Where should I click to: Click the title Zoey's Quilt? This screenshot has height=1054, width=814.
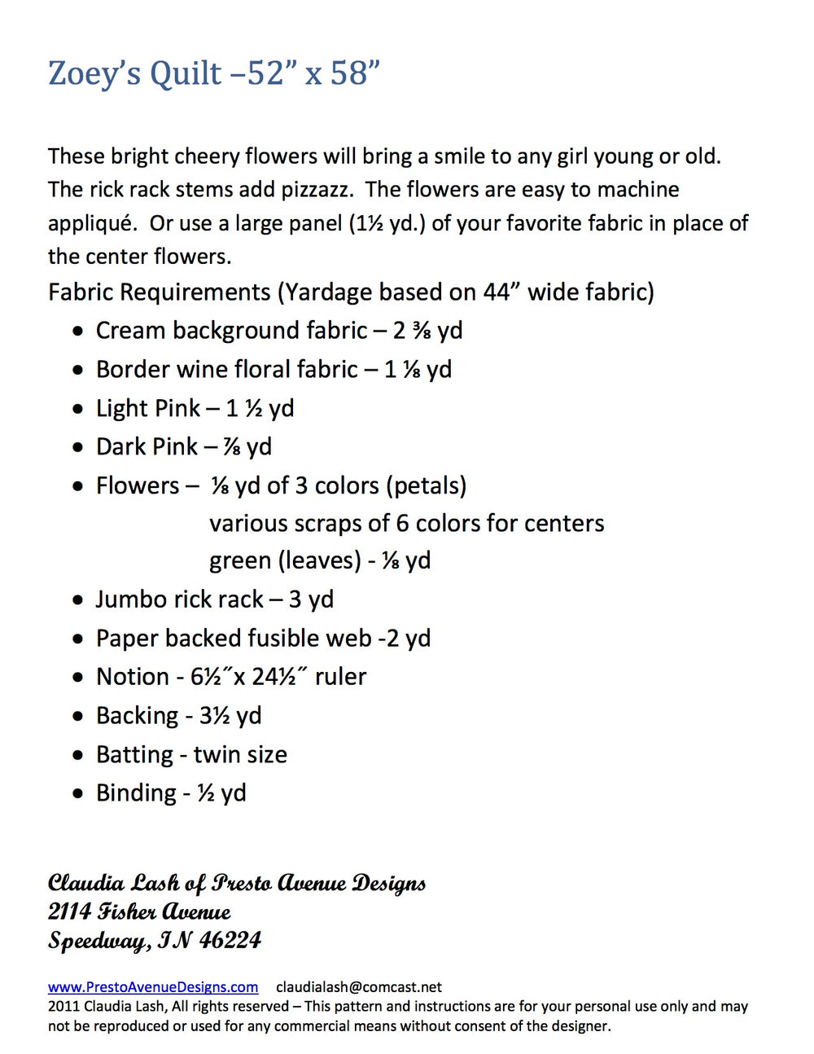(134, 74)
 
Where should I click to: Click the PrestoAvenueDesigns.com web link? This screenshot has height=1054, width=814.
(153, 987)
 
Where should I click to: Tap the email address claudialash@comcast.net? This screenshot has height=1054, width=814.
(359, 987)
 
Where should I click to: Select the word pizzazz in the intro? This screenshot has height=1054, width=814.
(317, 190)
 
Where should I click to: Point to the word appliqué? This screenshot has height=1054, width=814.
(90, 224)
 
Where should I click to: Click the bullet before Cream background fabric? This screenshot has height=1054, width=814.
(77, 332)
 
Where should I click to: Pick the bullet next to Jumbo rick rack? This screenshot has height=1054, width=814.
(77, 600)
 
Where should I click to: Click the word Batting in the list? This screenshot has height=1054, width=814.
(134, 755)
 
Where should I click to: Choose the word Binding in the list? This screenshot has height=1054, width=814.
(136, 793)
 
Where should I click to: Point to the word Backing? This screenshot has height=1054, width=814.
(137, 716)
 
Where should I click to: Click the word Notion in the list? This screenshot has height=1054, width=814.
(132, 677)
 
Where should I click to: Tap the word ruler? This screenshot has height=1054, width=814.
(340, 677)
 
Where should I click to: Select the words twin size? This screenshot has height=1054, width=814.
(240, 755)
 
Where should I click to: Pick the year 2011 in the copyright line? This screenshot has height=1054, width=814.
(63, 1007)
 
